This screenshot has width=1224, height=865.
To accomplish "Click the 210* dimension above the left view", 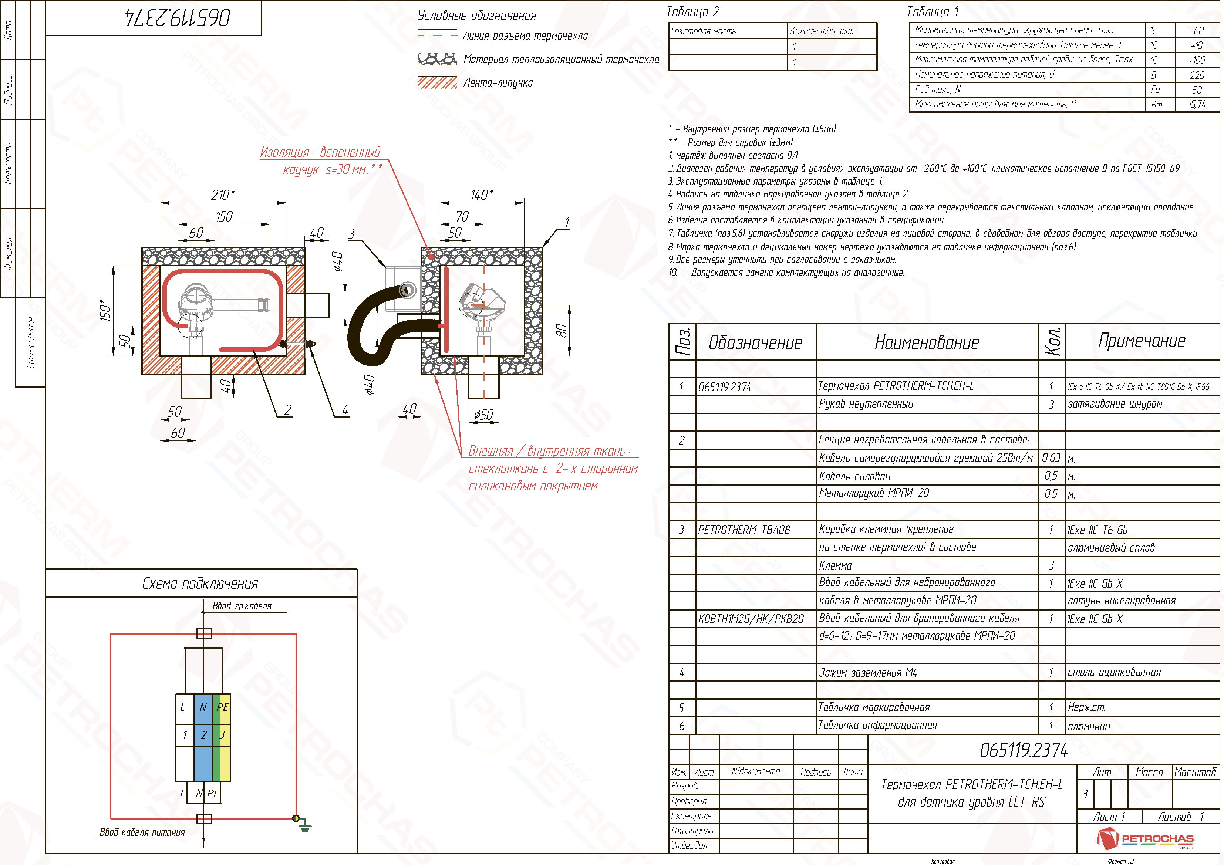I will point(223,195).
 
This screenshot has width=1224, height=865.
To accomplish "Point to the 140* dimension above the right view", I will point(481,195).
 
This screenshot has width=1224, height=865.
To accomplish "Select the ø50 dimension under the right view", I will point(483,415).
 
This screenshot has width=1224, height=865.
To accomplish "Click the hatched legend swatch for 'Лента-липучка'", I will point(438,82).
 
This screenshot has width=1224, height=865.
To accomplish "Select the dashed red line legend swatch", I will point(438,36).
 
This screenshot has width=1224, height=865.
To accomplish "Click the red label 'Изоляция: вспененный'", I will point(320,152).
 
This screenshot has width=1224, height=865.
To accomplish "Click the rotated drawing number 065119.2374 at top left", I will point(178,18).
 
